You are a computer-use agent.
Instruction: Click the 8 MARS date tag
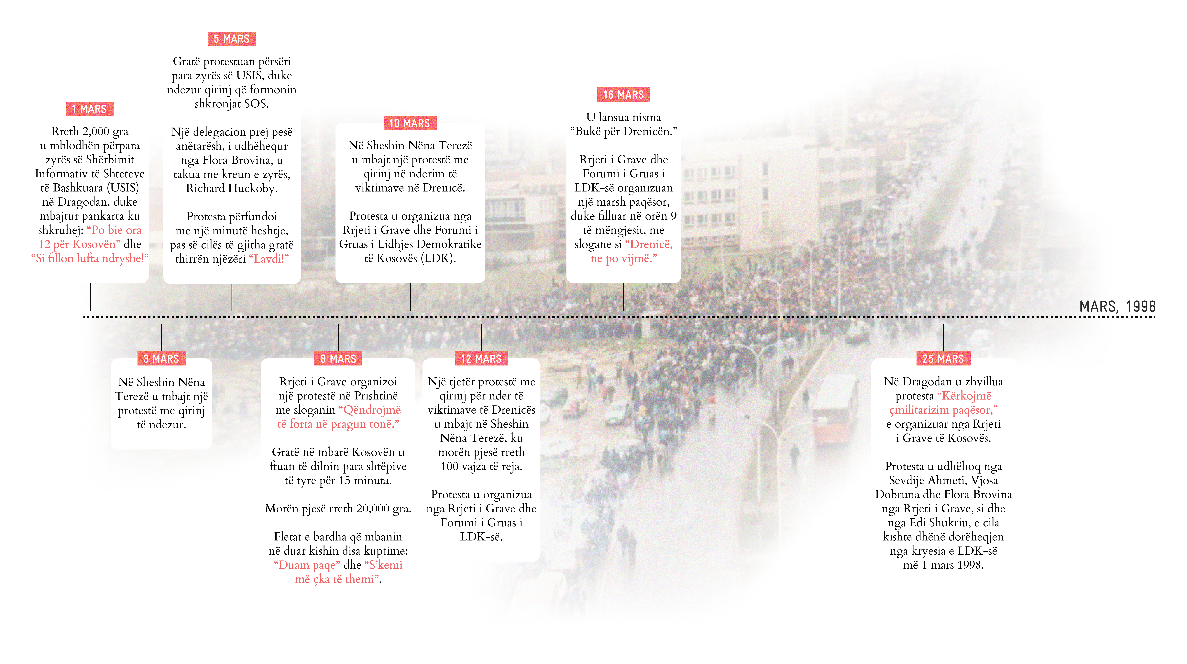338,358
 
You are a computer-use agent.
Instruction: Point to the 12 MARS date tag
481,358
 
